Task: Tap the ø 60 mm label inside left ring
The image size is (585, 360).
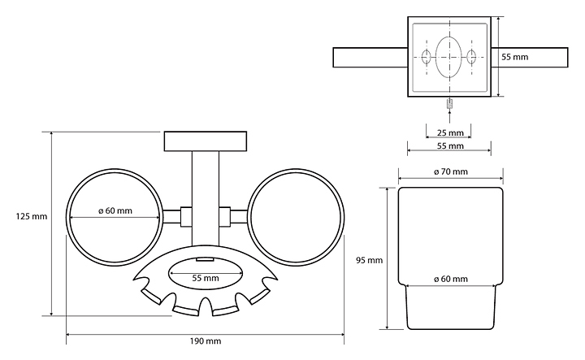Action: (x=115, y=211)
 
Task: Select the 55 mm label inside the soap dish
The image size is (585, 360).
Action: (x=206, y=278)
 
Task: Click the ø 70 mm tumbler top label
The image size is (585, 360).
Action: (x=450, y=171)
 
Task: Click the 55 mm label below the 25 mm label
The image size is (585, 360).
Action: (x=449, y=146)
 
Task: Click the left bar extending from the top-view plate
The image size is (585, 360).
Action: (x=369, y=58)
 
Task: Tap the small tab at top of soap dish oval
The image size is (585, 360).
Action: (x=205, y=260)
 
